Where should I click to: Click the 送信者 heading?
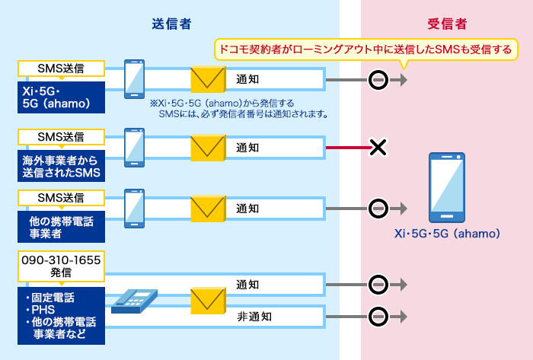(171, 24)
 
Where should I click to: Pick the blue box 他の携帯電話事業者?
(61, 225)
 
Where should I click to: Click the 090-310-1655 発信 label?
(61, 266)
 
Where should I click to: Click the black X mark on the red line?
(378, 148)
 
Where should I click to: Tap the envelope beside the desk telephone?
(208, 300)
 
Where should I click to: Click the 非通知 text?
(251, 315)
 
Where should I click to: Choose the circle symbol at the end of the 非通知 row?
(378, 315)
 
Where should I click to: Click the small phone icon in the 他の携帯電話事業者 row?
(135, 208)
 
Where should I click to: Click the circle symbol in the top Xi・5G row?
(378, 79)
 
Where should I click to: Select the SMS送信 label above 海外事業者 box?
(61, 137)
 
